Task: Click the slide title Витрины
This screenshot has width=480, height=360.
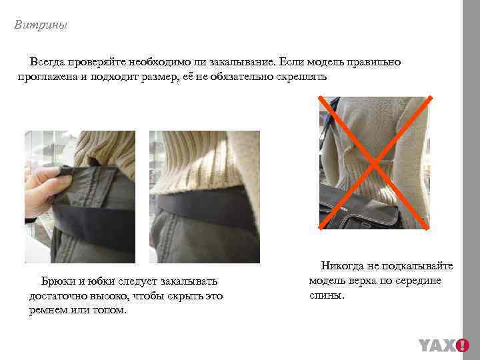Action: (41, 26)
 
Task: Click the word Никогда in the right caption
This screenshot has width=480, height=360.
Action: (345, 266)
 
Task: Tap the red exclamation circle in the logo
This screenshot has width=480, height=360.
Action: (462, 345)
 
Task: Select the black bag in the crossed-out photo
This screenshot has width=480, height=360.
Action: (361, 207)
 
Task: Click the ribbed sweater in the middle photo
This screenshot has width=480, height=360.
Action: (200, 160)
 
